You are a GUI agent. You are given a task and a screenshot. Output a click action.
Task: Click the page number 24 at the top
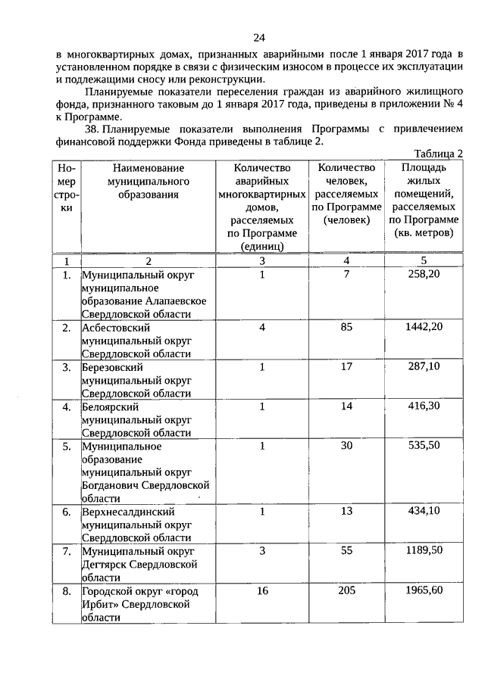point(259,38)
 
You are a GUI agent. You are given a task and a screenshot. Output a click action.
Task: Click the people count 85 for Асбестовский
point(347,327)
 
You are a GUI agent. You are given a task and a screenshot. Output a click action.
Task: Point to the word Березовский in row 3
point(113,367)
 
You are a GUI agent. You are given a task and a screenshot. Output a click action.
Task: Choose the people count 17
point(347,367)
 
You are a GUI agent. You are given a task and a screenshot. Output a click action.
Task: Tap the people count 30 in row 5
point(347,446)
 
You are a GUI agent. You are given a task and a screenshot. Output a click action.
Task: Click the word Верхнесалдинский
point(126,512)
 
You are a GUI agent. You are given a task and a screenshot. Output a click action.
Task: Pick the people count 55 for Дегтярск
point(347,551)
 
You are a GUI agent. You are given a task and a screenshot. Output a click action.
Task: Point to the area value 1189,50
point(424,551)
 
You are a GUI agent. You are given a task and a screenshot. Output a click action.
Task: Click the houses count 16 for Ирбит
point(262,590)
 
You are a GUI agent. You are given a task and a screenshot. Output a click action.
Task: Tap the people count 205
point(347,590)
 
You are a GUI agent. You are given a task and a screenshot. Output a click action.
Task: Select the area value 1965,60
point(424,590)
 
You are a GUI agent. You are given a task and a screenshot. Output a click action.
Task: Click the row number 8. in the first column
point(67,590)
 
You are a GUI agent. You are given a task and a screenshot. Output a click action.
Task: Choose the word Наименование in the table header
point(148,167)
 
